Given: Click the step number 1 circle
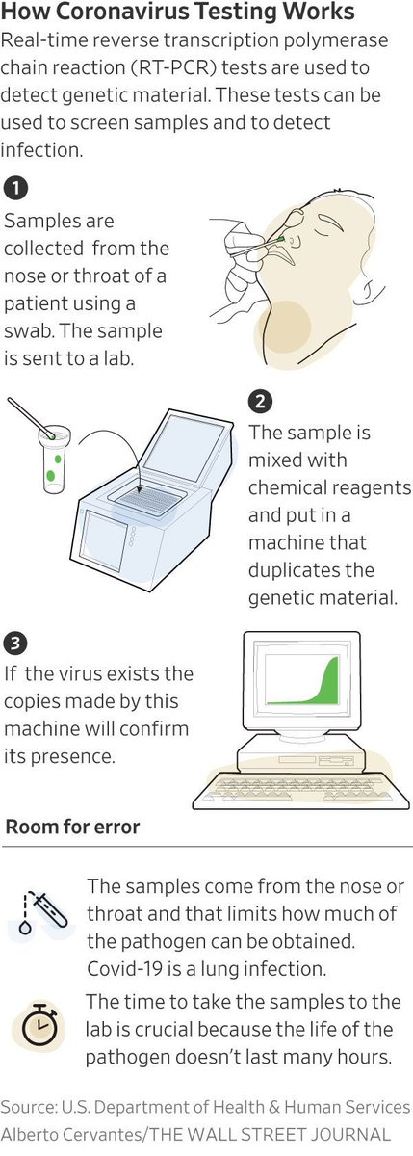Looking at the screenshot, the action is pyautogui.click(x=16, y=189).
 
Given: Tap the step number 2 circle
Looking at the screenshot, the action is pyautogui.click(x=260, y=401).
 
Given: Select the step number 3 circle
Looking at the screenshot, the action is pyautogui.click(x=15, y=644).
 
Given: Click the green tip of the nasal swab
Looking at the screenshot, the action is pyautogui.click(x=280, y=239).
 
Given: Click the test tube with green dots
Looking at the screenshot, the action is pyautogui.click(x=54, y=460).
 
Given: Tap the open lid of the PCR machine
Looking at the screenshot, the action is pyautogui.click(x=184, y=449).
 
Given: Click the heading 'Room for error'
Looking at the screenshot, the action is pyautogui.click(x=73, y=827).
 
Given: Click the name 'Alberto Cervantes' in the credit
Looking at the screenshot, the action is pyautogui.click(x=71, y=1135).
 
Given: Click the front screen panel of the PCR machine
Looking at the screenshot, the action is pyautogui.click(x=105, y=540).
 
